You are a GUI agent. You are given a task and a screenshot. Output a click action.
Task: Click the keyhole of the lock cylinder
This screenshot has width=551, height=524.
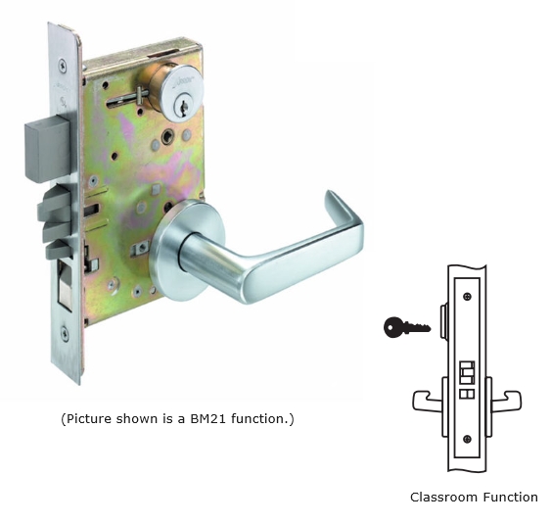point(183,107)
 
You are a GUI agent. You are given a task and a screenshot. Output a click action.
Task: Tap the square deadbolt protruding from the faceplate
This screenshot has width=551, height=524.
point(48,151)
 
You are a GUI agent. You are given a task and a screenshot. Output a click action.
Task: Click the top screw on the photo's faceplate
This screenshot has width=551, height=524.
point(63,66)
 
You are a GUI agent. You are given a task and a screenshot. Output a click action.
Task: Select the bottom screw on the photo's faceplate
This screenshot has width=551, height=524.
point(65,333)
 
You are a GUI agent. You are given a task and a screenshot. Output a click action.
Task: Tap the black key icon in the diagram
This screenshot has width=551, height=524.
point(407,328)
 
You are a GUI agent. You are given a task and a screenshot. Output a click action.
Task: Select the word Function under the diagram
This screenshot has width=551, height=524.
point(510,498)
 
